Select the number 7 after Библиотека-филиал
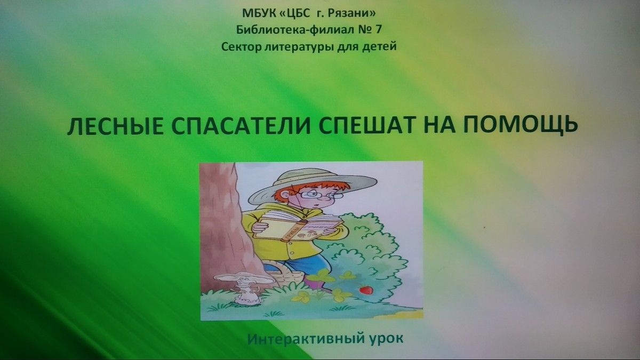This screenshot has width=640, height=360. point(378,29)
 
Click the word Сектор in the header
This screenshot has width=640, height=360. point(242,46)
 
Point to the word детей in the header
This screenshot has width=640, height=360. point(379,46)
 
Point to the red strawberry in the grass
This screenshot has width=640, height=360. point(366,290)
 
